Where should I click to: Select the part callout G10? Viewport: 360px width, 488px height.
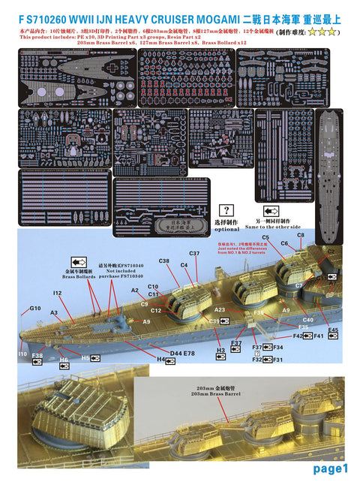point(35,309)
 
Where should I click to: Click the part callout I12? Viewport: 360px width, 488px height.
point(57,293)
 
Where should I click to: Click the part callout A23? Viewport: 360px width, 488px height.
point(220,309)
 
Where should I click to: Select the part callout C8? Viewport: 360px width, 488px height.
point(300,235)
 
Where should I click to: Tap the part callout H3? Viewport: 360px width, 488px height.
point(220,351)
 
